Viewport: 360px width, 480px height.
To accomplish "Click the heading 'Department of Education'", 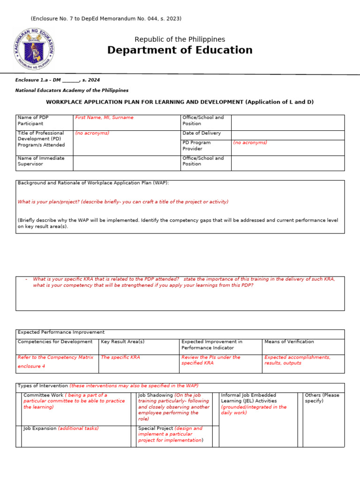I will [180, 50].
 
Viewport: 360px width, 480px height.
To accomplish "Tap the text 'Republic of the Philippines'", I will [180, 39].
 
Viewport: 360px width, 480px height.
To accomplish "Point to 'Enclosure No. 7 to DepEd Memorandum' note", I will [106, 19].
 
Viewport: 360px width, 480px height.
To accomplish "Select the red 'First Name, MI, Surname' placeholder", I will [104, 118].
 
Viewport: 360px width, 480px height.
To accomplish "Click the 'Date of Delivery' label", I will [202, 133].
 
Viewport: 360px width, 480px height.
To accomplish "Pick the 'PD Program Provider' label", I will [196, 145].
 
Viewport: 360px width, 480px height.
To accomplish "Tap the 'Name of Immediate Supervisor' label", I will [41, 161].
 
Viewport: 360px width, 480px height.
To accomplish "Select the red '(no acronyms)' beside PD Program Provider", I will [250, 142].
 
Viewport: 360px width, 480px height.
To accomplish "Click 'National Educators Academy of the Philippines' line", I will [72, 90].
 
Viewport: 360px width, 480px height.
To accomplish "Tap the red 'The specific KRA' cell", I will [120, 357].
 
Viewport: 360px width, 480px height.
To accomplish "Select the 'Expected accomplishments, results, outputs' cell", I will [297, 360].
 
